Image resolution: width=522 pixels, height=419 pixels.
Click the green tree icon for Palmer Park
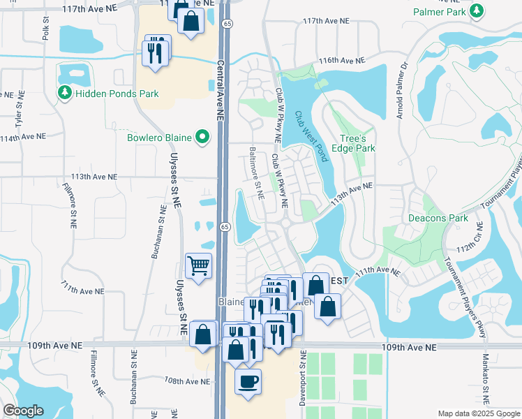coord(477,11)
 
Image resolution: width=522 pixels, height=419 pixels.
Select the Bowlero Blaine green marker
coord(203,137)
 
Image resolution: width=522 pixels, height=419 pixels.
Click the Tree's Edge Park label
coord(357,143)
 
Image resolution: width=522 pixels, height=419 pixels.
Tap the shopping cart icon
coord(199,266)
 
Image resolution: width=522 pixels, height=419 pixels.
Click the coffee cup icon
coord(248,381)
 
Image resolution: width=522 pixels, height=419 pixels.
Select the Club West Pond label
coord(311,136)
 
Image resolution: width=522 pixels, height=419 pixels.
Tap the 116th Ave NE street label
coord(342,61)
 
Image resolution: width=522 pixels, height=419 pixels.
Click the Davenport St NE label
coord(304,374)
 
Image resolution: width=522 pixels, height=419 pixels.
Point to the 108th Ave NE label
coord(187,381)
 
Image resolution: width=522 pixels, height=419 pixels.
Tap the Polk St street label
coord(46,29)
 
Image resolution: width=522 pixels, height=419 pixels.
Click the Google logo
coord(23,411)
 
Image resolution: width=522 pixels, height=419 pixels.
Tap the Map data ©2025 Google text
coord(478,413)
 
